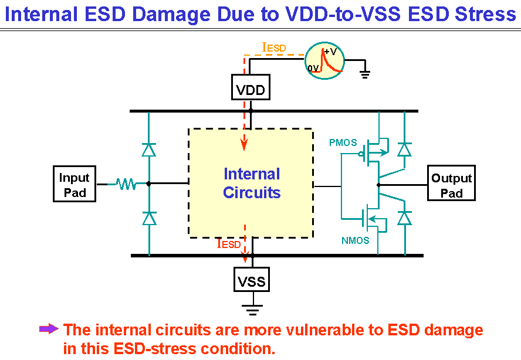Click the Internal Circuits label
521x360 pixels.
(252, 183)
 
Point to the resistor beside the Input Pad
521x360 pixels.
(126, 184)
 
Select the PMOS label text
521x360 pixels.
(343, 142)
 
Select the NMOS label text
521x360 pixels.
(355, 240)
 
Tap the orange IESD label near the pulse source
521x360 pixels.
(274, 47)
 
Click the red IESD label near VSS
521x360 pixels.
(229, 243)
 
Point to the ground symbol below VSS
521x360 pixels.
(252, 308)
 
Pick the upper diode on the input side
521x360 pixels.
(149, 150)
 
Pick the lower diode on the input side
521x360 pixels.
(149, 218)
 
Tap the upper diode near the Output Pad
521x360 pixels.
(404, 150)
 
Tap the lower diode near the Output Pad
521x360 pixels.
(405, 218)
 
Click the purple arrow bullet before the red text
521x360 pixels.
(49, 329)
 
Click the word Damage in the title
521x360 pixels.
(172, 14)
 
